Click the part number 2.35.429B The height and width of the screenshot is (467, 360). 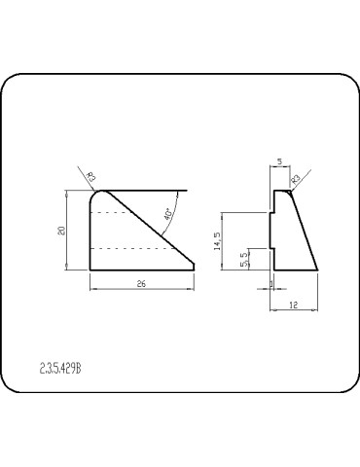pos(60,369)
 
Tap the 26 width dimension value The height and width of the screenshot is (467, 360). pos(142,284)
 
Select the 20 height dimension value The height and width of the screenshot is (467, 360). pos(60,231)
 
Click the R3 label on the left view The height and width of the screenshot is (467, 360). pos(90,177)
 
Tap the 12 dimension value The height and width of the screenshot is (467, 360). pos(294,305)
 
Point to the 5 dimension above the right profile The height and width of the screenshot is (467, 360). pos(278,162)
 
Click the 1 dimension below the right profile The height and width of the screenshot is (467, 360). pos(271,284)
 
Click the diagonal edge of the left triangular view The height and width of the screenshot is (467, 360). pos(151,231)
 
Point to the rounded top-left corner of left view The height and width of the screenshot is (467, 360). pos(93,195)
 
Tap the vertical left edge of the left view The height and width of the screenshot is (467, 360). pos(90,233)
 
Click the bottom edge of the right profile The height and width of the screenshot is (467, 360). pos(294,269)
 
